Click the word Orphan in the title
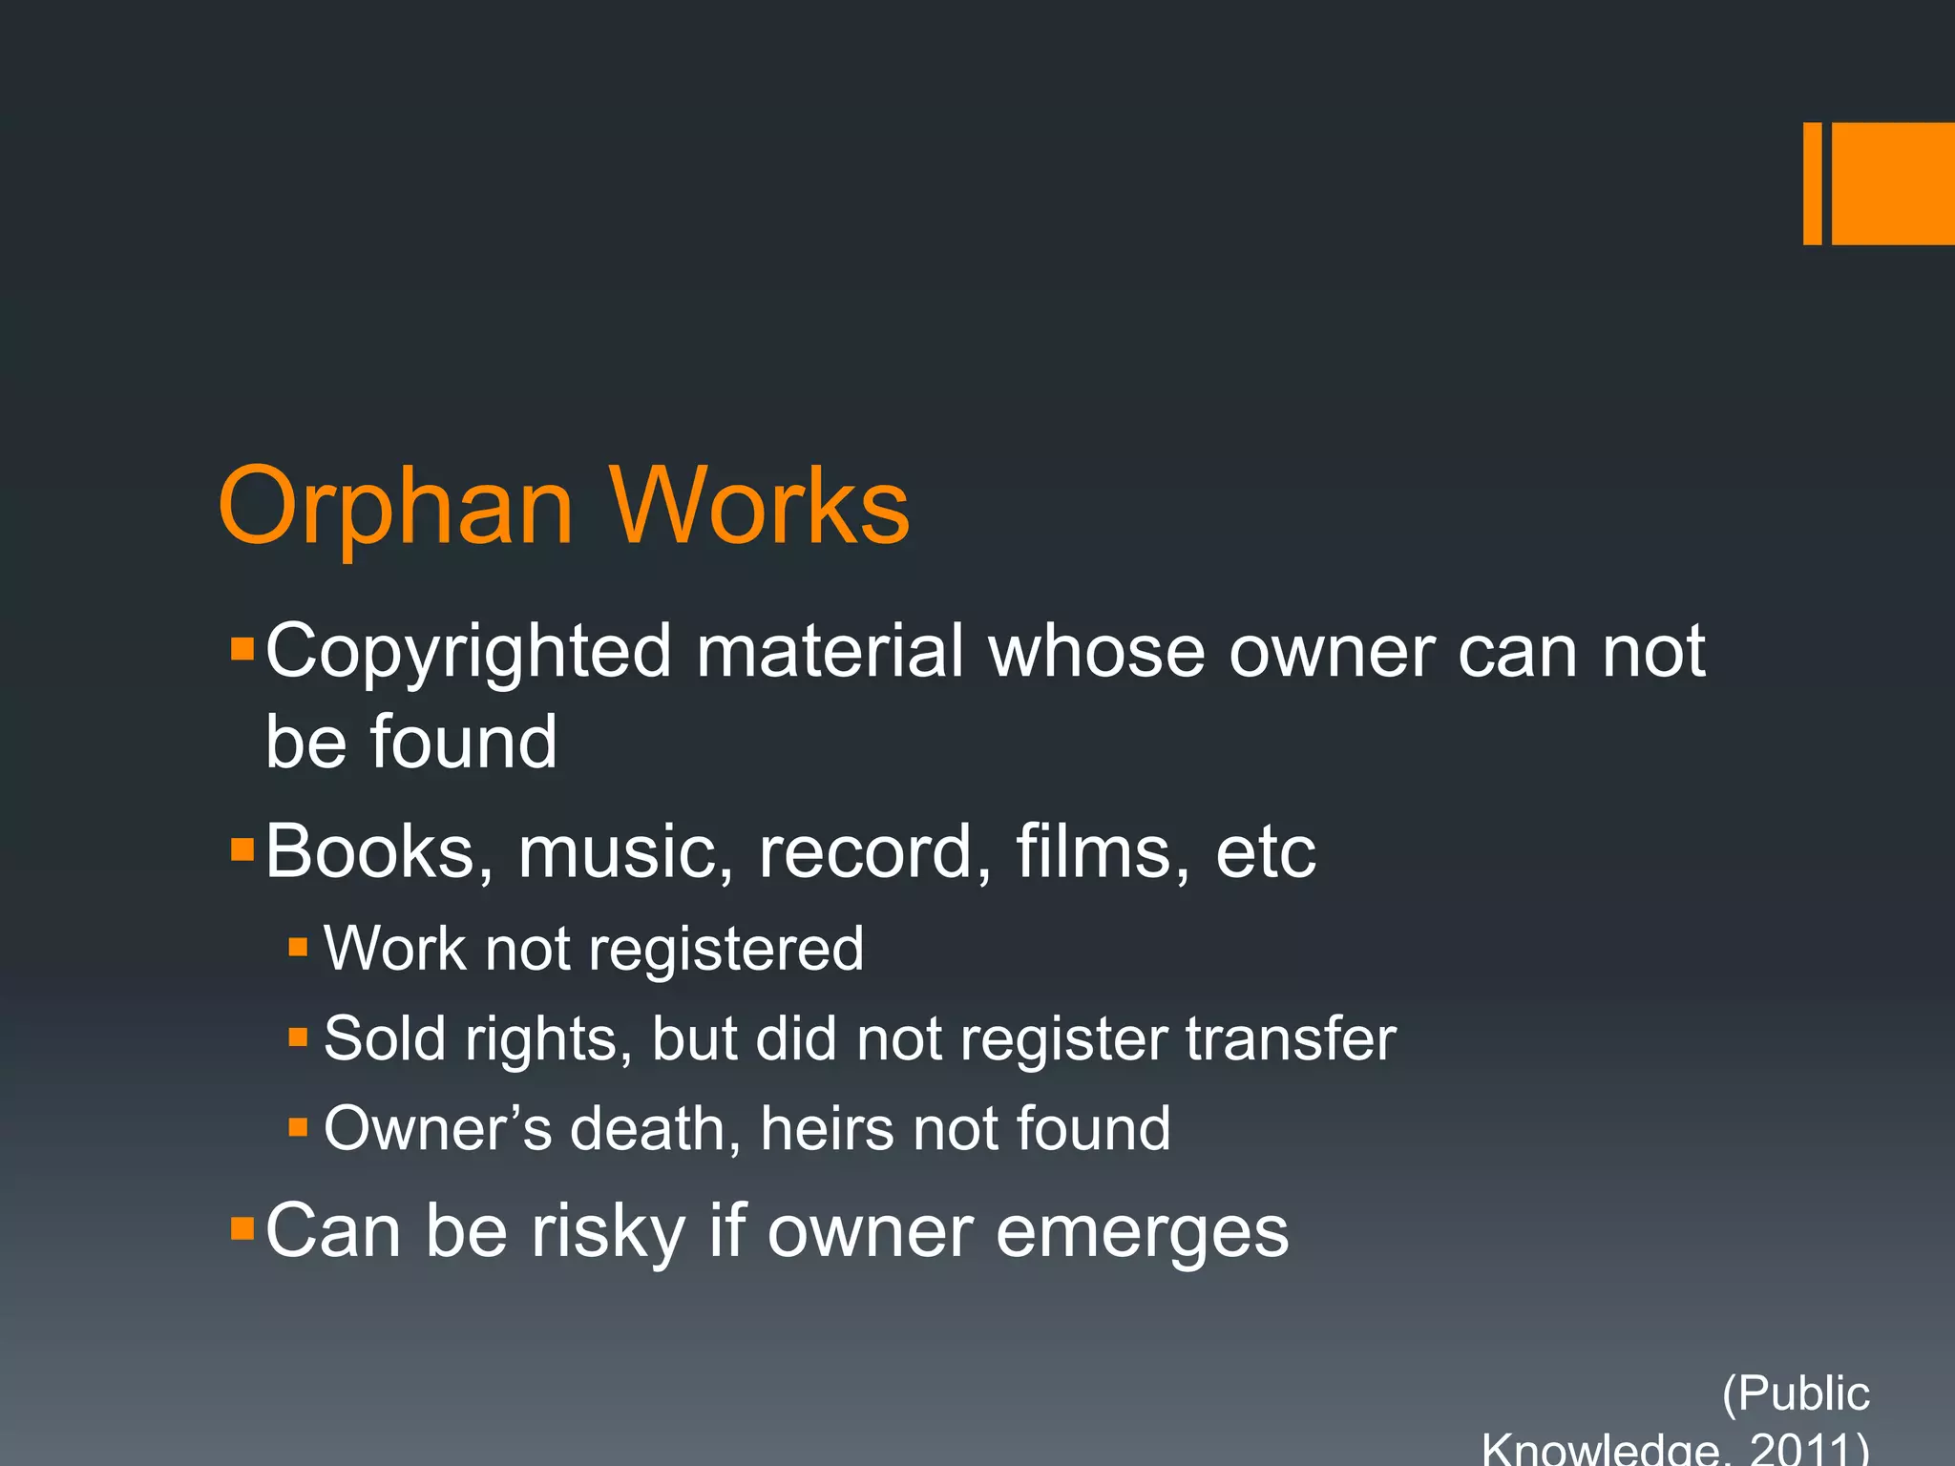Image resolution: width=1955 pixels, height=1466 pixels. pos(395,508)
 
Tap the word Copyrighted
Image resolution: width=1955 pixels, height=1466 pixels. pos(469,652)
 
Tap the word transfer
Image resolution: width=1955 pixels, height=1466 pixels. pos(1291,1039)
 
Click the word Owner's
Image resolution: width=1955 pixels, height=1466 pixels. pos(438,1129)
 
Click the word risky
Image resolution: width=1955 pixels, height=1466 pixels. pos(608,1232)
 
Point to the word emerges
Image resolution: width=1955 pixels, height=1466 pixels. pos(1143,1234)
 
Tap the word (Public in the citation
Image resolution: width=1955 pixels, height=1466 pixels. pos(1796,1394)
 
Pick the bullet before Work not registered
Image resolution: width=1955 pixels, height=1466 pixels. pos(298,948)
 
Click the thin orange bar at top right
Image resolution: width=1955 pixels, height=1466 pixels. pos(1812,183)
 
